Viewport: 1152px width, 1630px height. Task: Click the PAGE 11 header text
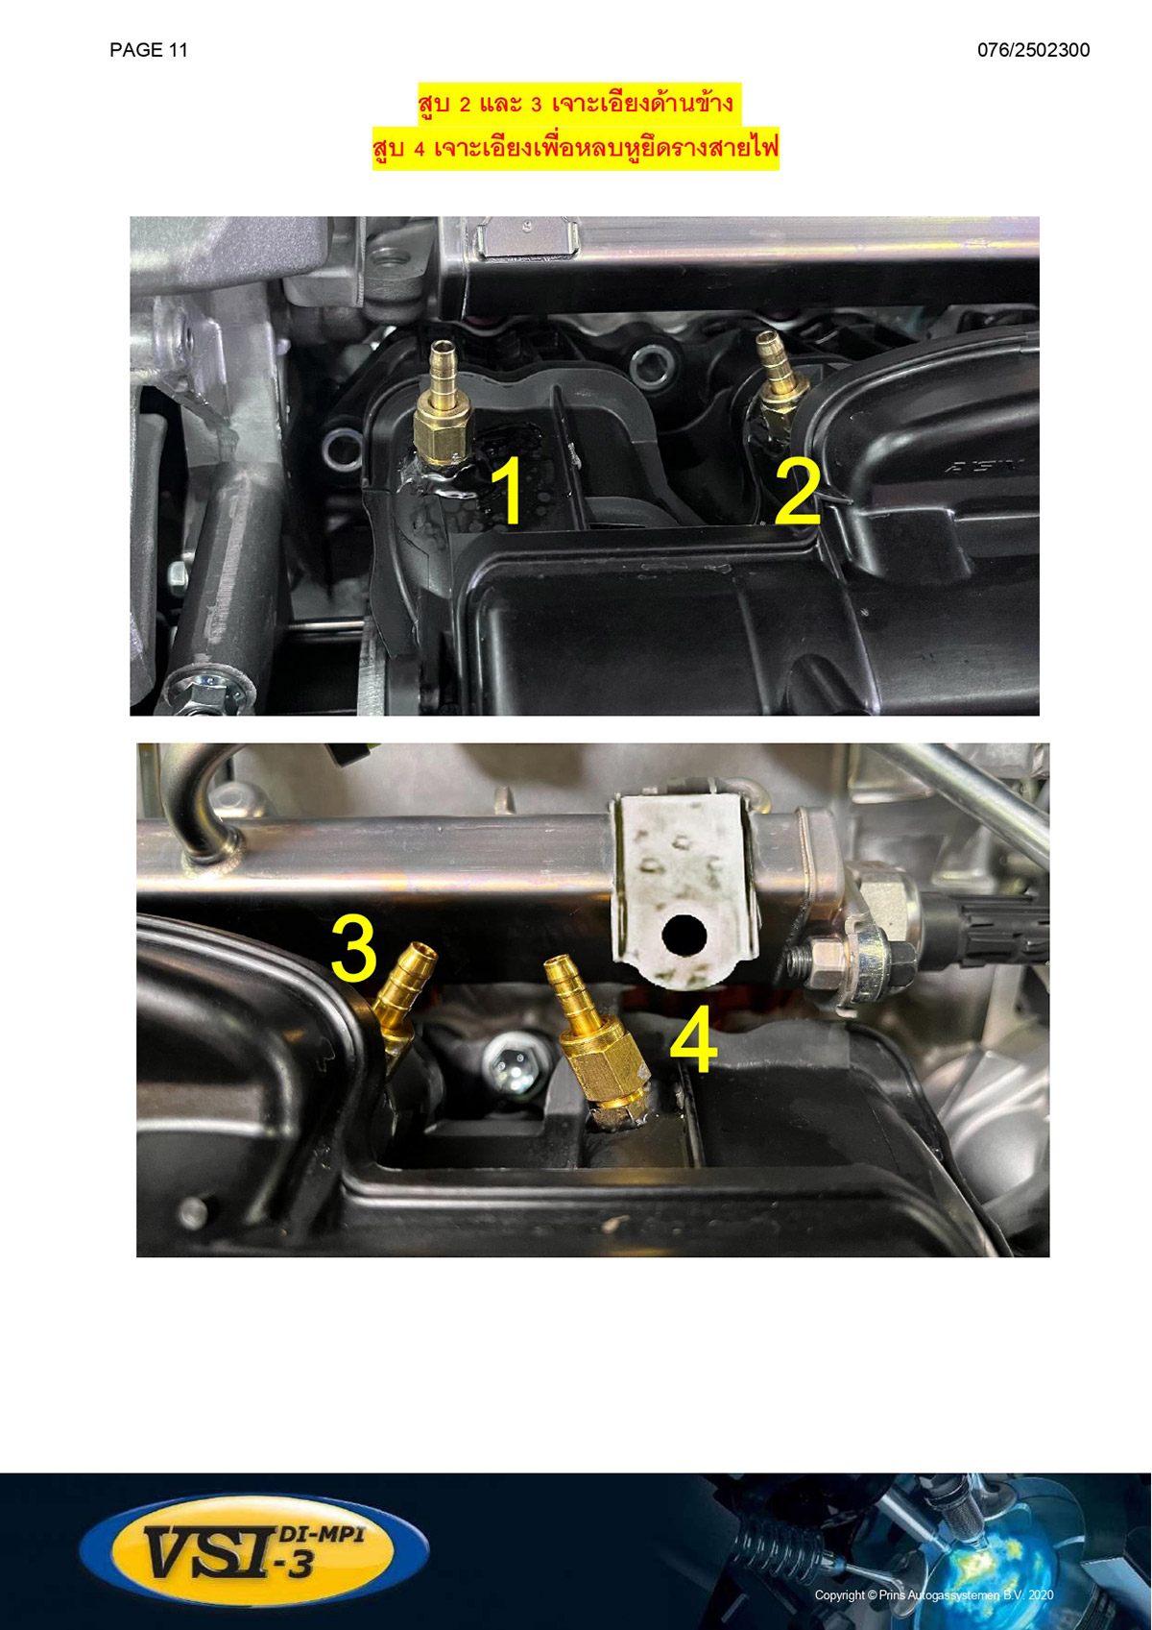click(x=149, y=50)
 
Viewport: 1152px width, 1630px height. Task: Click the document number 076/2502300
click(x=1033, y=50)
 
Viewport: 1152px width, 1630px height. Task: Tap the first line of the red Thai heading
click(x=575, y=104)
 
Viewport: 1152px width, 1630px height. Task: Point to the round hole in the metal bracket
click(x=684, y=936)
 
